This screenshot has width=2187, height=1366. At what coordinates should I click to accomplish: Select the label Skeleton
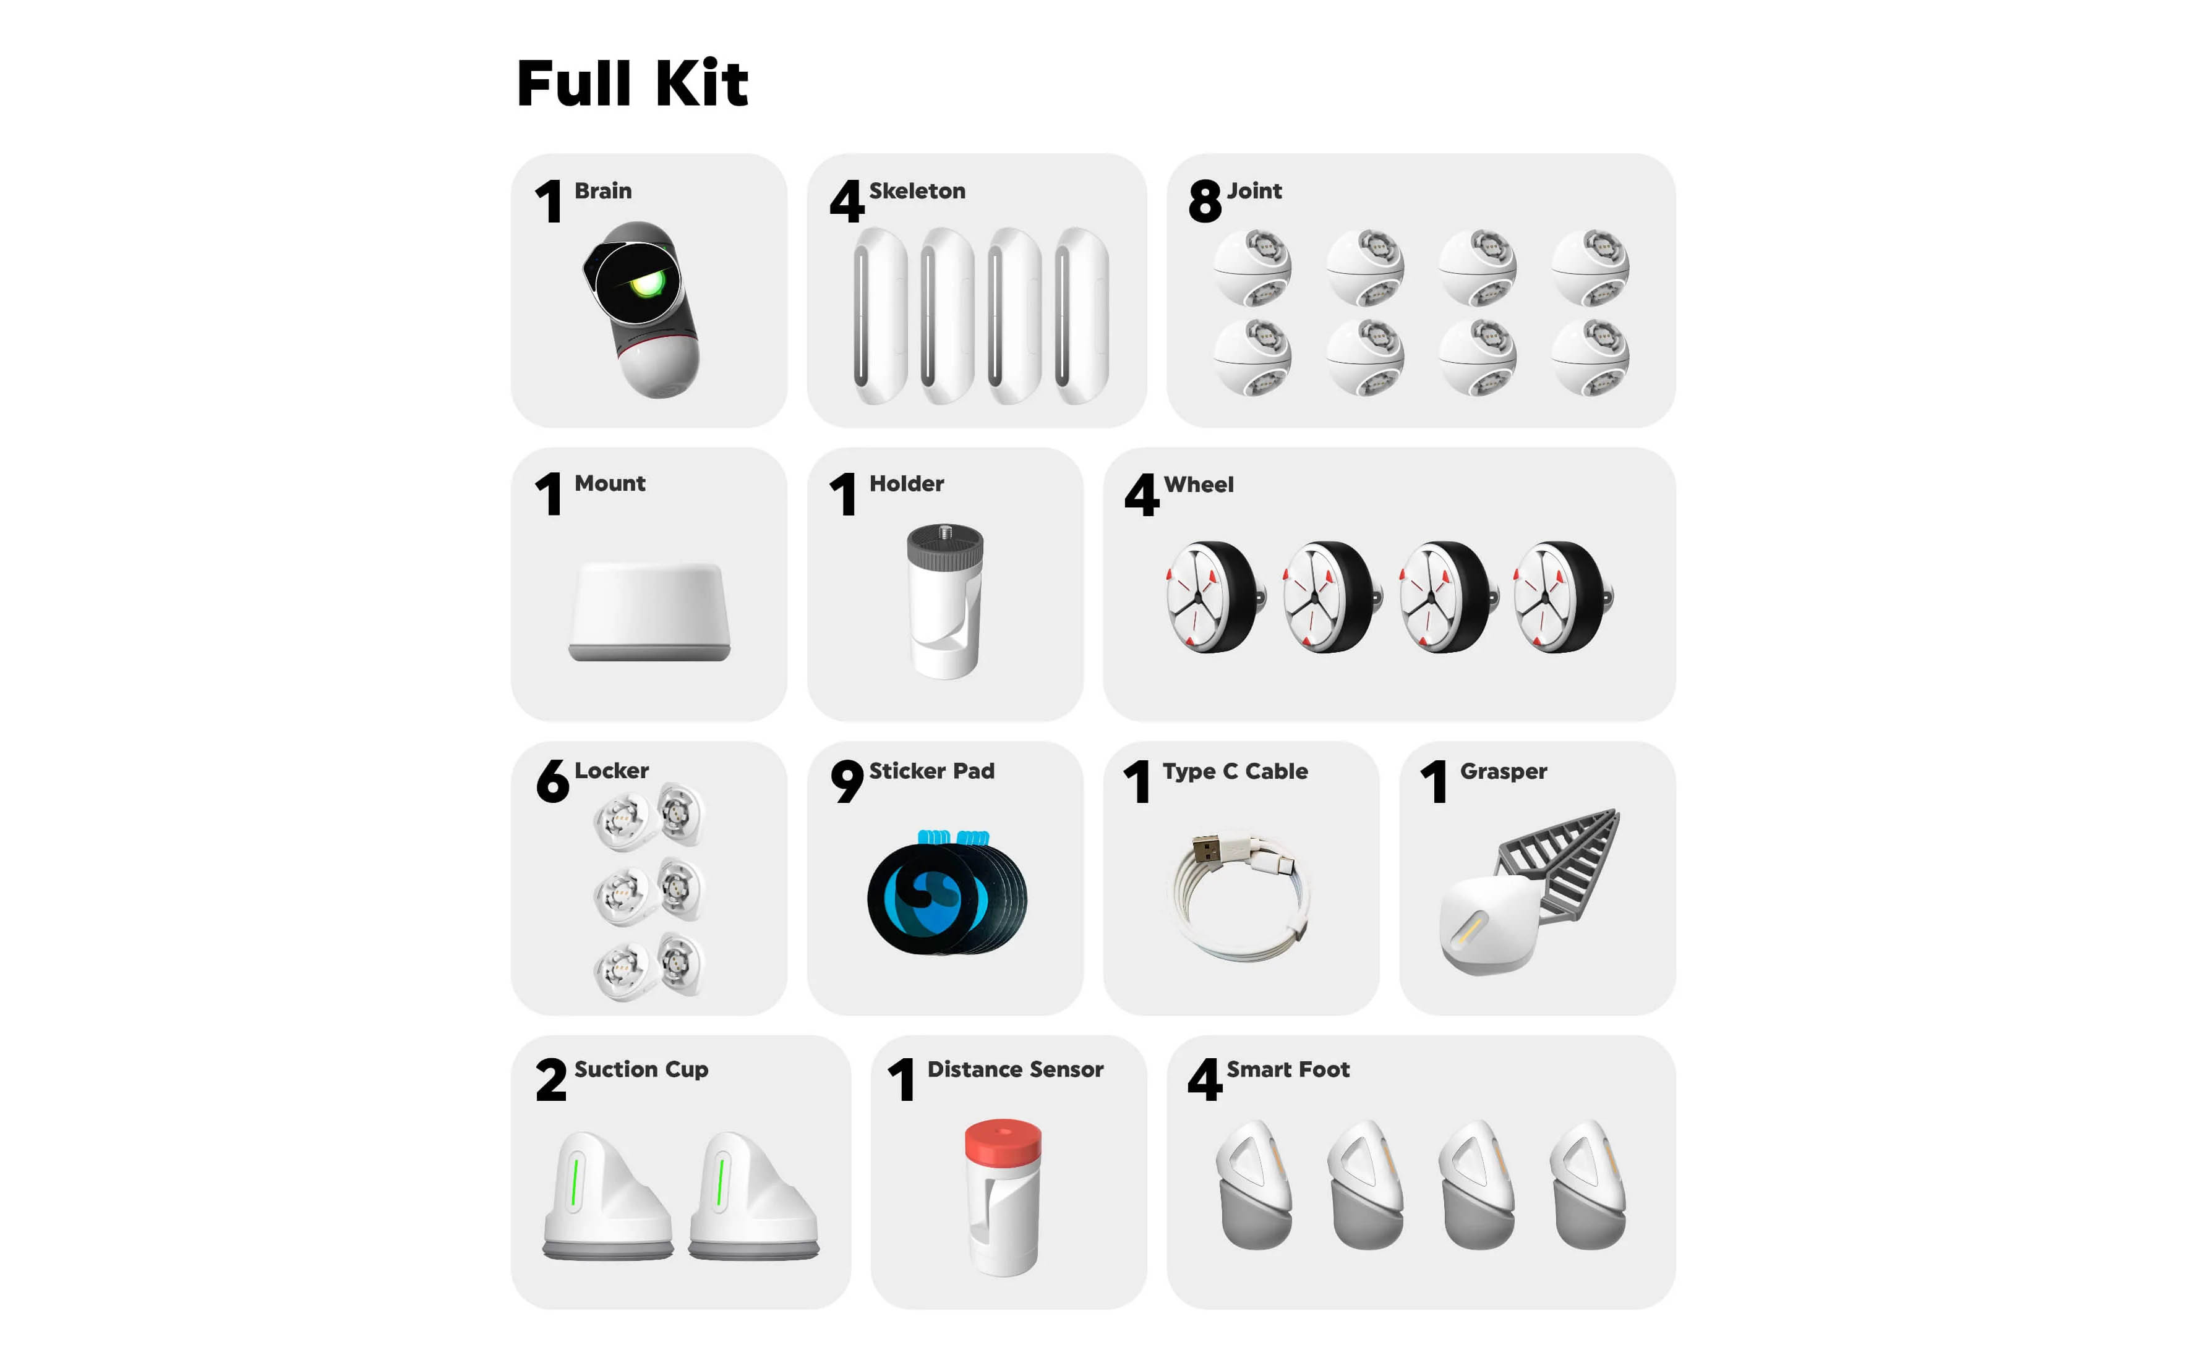pyautogui.click(x=917, y=190)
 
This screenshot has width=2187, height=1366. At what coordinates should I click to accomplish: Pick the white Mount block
pyautogui.click(x=649, y=611)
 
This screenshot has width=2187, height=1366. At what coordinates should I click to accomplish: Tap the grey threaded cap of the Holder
pyautogui.click(x=945, y=548)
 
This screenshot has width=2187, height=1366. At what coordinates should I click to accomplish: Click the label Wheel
pyautogui.click(x=1198, y=484)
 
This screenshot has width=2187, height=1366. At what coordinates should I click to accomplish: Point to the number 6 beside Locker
pyautogui.click(x=552, y=781)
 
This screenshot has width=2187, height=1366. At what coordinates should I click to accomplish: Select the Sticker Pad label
pyautogui.click(x=931, y=771)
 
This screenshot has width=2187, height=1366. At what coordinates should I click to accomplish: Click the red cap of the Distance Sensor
pyautogui.click(x=1003, y=1141)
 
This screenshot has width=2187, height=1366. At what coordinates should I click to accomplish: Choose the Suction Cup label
pyautogui.click(x=641, y=1070)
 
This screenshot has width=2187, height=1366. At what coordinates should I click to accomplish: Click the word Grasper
pyautogui.click(x=1503, y=771)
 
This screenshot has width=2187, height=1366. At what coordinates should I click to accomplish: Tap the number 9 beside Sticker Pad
pyautogui.click(x=847, y=781)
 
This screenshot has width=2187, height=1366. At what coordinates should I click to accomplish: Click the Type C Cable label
pyautogui.click(x=1235, y=771)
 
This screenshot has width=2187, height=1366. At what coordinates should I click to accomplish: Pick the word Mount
pyautogui.click(x=609, y=483)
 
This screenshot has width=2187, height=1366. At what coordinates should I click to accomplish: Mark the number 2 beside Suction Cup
pyautogui.click(x=550, y=1080)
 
